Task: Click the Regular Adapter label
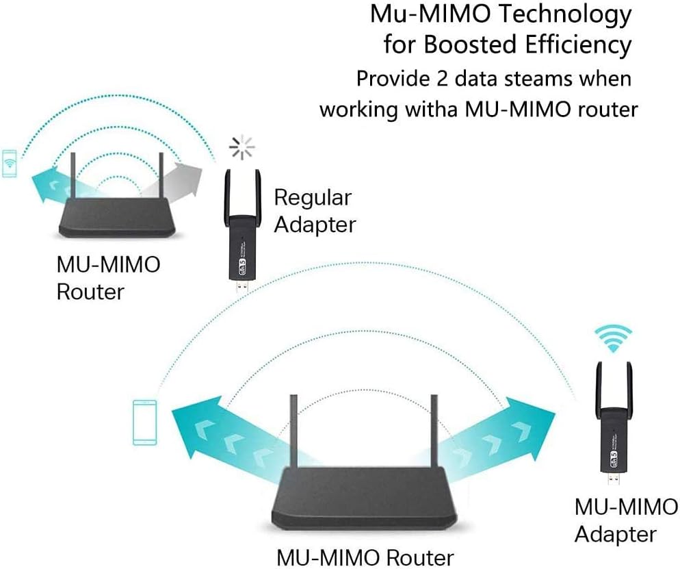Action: click(x=314, y=210)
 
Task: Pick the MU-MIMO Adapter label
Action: click(x=625, y=520)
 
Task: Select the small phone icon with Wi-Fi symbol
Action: click(x=9, y=163)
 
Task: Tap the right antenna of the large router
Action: click(x=434, y=431)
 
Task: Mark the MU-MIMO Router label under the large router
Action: click(x=365, y=557)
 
